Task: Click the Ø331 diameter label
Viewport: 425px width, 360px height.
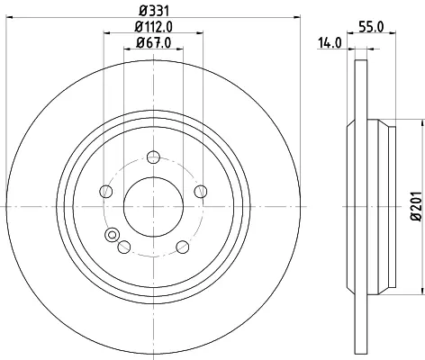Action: pos(154,11)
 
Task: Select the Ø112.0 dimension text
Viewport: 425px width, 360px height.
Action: pos(153,27)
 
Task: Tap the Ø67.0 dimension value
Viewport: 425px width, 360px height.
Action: pos(153,43)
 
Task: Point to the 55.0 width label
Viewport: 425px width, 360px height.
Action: pos(372,27)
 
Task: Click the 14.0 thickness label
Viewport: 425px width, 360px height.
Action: pos(330,43)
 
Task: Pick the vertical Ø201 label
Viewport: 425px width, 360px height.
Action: pos(417,206)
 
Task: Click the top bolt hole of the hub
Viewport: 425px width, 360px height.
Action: pos(153,157)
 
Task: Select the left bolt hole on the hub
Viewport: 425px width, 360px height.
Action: pos(105,192)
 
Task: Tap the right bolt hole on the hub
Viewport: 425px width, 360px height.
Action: pos(201,192)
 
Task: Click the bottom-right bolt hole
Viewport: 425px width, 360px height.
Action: pos(183,247)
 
